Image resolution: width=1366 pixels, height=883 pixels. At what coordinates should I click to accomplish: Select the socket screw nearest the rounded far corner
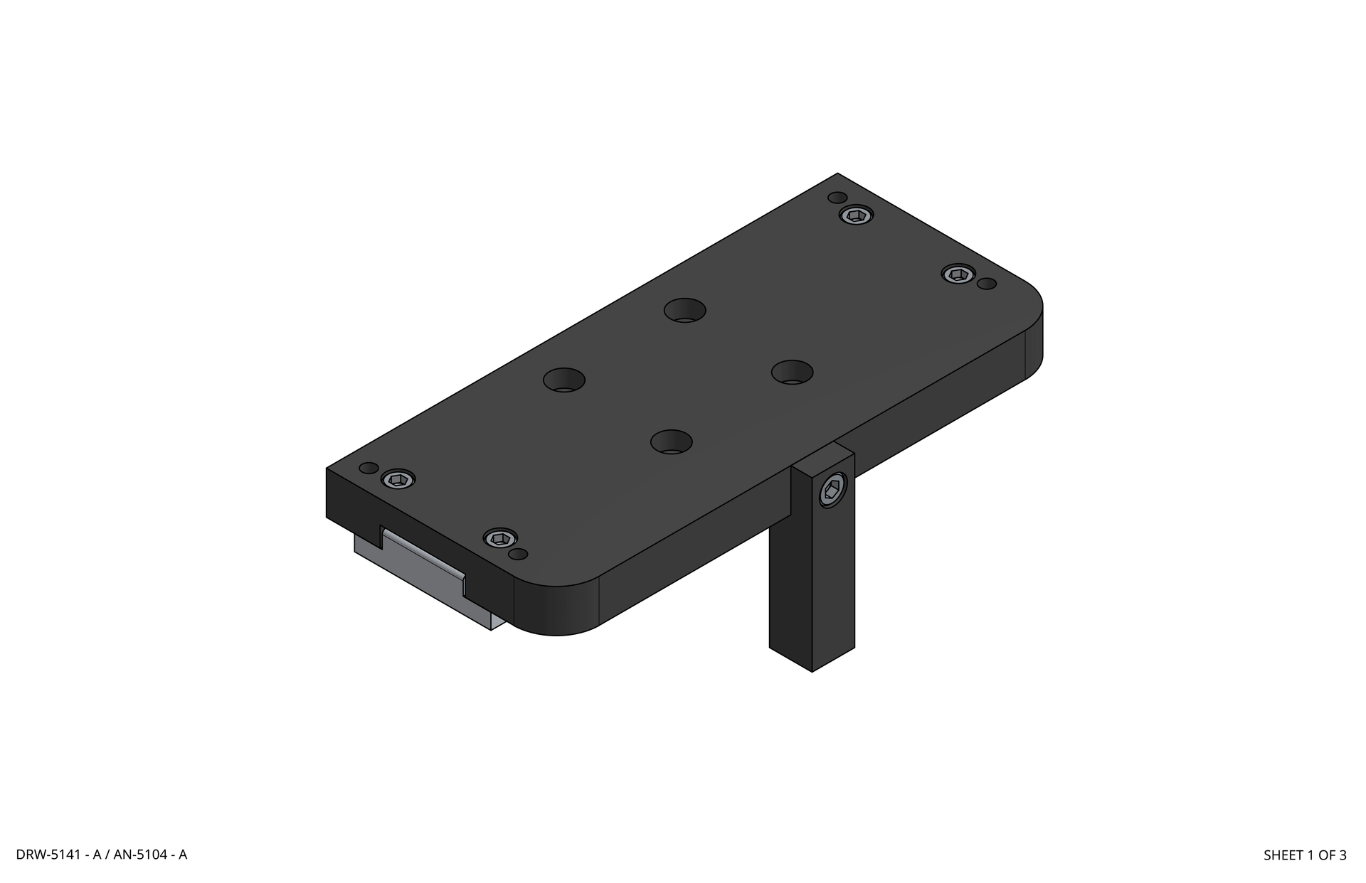coord(958,274)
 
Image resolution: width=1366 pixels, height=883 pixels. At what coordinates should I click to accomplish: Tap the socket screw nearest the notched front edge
coord(398,479)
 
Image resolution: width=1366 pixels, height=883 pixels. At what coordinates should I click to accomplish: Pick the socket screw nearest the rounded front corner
coord(500,538)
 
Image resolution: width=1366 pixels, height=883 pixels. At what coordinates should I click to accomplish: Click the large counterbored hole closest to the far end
coord(684,311)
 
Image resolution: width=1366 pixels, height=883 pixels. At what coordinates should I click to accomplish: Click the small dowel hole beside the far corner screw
coord(838,197)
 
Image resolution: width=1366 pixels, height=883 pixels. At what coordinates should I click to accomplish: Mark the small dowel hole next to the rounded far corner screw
coord(986,284)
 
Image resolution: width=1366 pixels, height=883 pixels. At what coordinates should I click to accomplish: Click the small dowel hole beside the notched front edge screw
coord(369,468)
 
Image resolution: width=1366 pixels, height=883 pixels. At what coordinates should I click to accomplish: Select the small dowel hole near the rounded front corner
coord(519,554)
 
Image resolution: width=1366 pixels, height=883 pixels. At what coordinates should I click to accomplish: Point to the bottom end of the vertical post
coord(811,658)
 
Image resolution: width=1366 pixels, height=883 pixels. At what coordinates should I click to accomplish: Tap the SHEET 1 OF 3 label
coord(1304,855)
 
